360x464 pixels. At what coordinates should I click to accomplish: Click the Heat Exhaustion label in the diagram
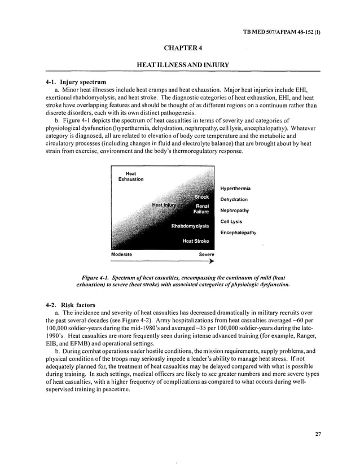coord(130,176)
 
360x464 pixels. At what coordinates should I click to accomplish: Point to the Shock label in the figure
coord(201,197)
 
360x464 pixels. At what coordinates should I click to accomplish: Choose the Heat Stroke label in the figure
coord(196,241)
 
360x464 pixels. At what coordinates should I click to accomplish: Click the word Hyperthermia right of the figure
coord(235,189)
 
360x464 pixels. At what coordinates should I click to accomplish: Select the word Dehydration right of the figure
coord(234,199)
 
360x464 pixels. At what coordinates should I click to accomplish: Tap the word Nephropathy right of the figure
coord(234,211)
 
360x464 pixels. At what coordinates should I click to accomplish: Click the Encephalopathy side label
coord(238,232)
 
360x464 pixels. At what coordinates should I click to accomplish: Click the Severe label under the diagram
coord(206,255)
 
